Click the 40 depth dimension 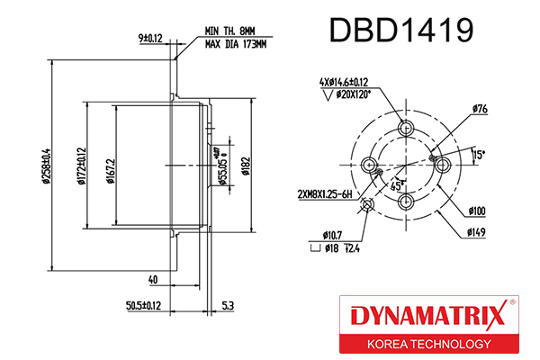pyautogui.click(x=154, y=280)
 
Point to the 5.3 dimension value pyautogui.click(x=229, y=307)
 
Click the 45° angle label pyautogui.click(x=396, y=185)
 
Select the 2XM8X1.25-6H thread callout pyautogui.click(x=325, y=194)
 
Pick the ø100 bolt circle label pyautogui.click(x=477, y=212)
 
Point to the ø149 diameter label pyautogui.click(x=478, y=233)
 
